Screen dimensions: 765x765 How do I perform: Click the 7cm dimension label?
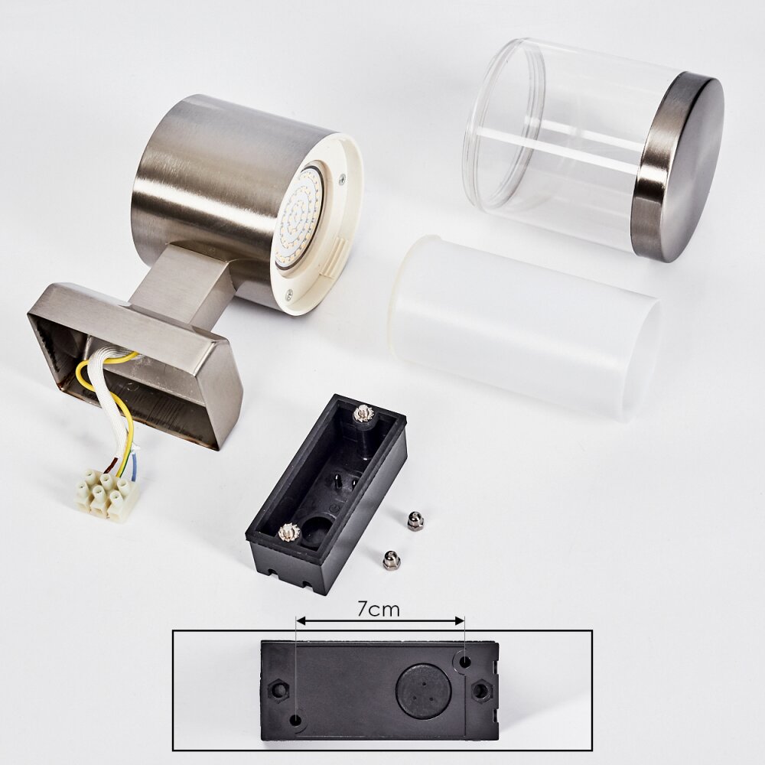coord(379,609)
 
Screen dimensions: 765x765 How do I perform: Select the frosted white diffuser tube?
coord(525,327)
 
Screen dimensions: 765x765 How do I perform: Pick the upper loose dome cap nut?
coord(415,521)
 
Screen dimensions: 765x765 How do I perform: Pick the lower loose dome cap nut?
coord(391,560)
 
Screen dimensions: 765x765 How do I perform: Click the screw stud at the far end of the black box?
coord(363,413)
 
